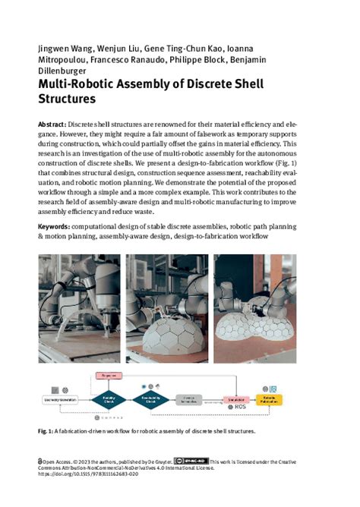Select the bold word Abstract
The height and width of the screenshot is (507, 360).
tap(51, 123)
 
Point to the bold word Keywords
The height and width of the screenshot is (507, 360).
tap(55, 227)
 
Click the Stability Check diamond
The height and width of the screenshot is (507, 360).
tap(109, 398)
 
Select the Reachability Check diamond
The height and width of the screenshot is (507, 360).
tap(153, 398)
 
